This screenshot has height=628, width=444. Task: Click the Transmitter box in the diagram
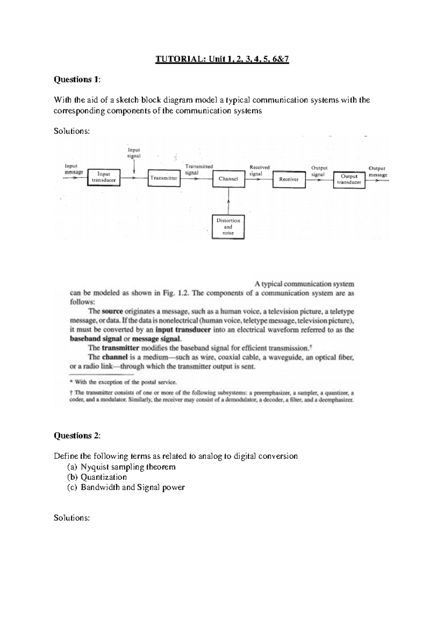[x=163, y=178]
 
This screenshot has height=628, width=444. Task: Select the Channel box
[x=228, y=179]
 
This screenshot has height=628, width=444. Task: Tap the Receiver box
[x=289, y=179]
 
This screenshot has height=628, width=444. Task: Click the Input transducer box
[x=104, y=177]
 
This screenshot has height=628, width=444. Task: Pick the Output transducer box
[x=349, y=179]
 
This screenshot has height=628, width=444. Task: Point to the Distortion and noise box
[x=228, y=226]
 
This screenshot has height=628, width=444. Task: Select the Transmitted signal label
[x=199, y=169]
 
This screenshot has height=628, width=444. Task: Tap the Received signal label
[x=259, y=170]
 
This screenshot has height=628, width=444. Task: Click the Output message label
[x=377, y=172]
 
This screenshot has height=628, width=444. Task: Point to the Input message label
[x=74, y=169]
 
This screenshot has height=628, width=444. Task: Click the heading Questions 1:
[x=77, y=80]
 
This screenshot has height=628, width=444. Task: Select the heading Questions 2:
[x=77, y=436]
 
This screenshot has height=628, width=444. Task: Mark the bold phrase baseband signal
[x=96, y=339]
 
